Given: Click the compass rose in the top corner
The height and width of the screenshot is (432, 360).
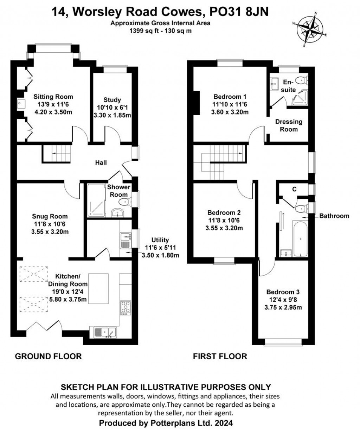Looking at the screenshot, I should coord(310,29).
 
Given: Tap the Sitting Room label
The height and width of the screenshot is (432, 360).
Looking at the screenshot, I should coord(53,97).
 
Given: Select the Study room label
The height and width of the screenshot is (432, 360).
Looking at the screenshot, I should coord(112,100).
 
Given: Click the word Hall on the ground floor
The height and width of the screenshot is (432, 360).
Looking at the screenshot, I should coord(101,163).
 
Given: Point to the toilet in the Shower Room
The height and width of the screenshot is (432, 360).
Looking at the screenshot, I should coord(124,202).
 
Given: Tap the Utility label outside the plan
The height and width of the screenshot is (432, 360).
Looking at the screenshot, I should coord(160,240).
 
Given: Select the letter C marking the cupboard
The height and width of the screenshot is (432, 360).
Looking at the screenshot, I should coord(294,189).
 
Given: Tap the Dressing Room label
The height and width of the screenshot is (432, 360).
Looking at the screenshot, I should coord(289,125).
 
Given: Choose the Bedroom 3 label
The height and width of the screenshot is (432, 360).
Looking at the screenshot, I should coord(283,292).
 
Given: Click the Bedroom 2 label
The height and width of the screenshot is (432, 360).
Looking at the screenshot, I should coord(224,212).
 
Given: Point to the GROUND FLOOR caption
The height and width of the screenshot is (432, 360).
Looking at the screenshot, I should coord(48,356).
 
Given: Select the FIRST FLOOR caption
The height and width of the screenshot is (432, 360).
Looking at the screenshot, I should coord(220,356).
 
